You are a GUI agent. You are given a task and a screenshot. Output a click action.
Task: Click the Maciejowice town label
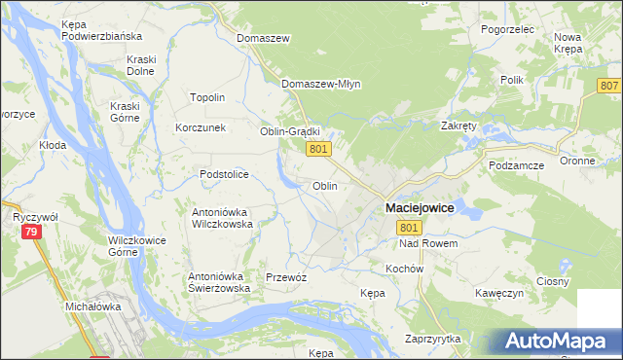(421, 207)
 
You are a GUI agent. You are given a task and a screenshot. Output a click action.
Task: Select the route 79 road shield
(31, 232)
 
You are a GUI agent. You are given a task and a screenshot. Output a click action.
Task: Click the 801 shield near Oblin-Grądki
(321, 149)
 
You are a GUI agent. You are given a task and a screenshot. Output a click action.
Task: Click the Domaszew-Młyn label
(321, 84)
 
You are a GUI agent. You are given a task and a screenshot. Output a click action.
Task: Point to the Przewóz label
(286, 277)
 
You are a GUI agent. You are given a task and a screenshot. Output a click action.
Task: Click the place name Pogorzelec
(508, 29)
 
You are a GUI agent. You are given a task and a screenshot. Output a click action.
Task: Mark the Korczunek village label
(201, 127)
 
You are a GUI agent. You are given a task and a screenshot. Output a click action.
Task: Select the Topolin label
(207, 97)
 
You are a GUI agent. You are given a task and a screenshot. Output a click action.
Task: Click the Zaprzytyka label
(432, 339)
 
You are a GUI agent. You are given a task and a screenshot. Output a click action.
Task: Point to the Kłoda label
(52, 144)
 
